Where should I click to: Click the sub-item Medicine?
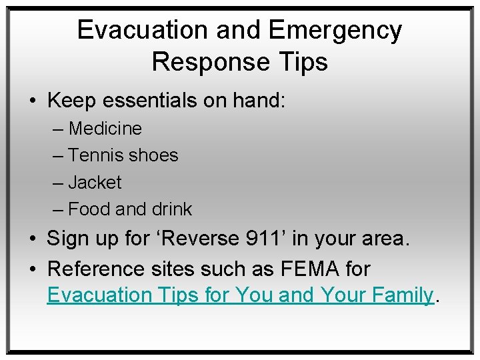tap(105, 128)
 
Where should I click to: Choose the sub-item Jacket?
tap(95, 183)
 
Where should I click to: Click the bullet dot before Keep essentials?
tap(33, 101)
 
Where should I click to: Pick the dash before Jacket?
tap(58, 183)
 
